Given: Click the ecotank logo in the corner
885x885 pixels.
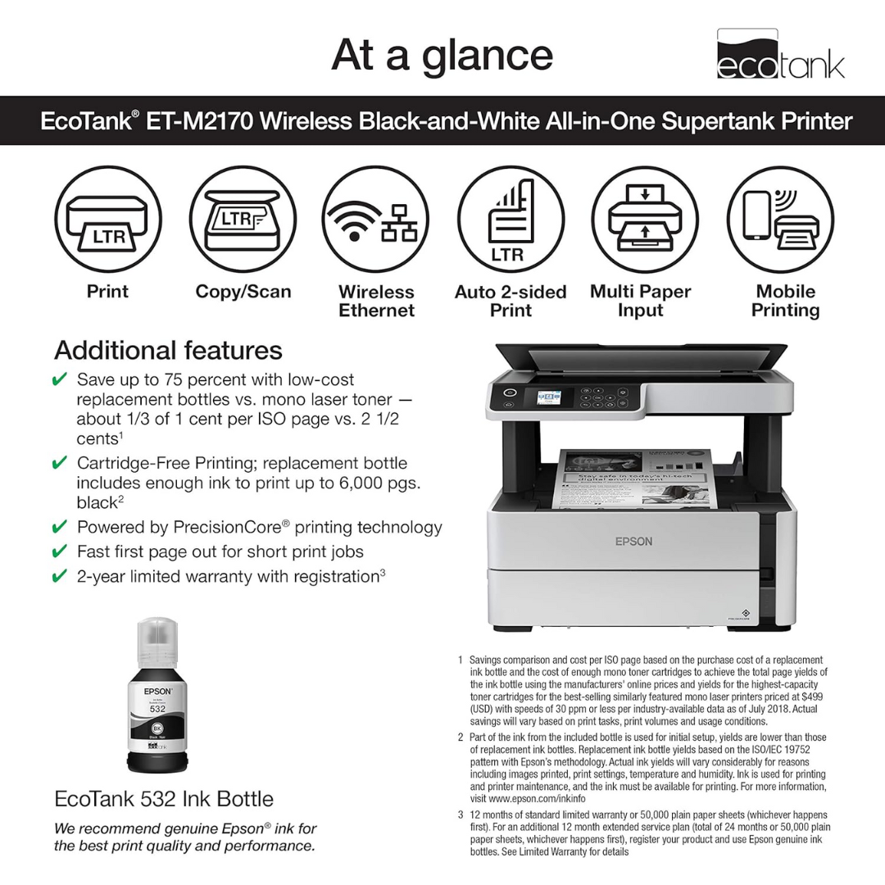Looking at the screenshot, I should point(779,55).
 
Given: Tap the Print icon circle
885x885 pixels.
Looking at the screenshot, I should point(108,219).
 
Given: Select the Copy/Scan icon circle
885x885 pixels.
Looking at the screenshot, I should point(243,219).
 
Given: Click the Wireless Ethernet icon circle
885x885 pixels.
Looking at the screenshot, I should point(375,219).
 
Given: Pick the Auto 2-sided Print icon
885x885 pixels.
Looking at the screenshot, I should point(511,219).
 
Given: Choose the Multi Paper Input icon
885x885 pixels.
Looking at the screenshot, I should point(644,219).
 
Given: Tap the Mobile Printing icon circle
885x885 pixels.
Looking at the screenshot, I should point(780,219).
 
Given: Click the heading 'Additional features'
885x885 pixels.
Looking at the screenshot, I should point(168,351).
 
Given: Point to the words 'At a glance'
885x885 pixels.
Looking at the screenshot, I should point(442,55).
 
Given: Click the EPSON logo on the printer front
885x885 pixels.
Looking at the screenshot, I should point(634,541).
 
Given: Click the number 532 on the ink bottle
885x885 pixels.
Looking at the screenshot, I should point(157,707).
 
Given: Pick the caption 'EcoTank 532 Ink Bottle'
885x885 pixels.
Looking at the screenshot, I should point(164,799).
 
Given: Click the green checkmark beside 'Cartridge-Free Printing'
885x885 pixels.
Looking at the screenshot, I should point(60,464).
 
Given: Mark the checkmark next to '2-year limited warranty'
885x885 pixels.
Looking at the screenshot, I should point(60,577).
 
